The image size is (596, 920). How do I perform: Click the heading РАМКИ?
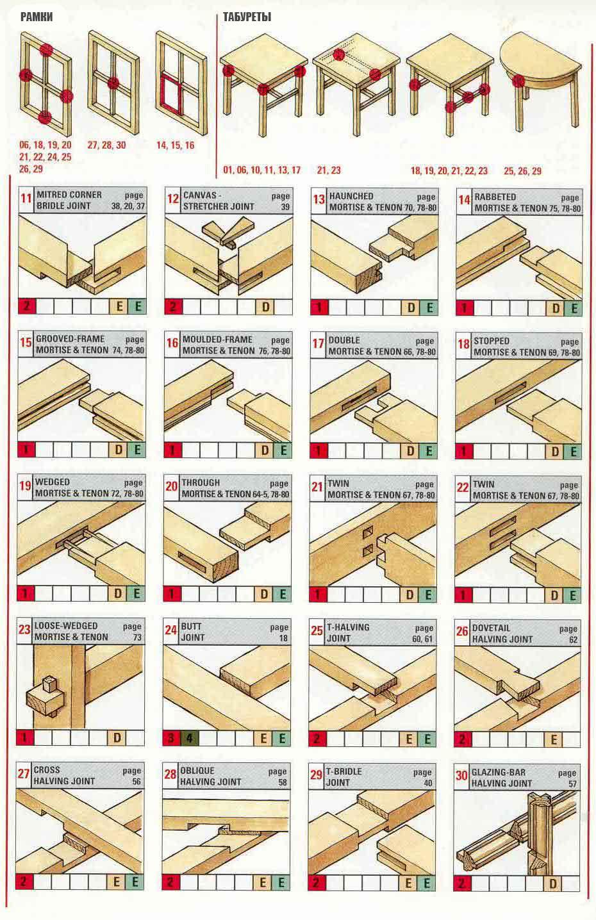coord(37,17)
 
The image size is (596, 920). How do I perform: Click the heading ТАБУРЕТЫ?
coord(247,17)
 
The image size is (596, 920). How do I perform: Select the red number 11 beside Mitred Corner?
coord(26,199)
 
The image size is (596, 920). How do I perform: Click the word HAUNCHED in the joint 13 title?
coord(351,196)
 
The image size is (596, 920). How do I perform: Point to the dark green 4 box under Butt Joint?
coord(189,738)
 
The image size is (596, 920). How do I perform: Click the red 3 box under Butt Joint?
coord(172,738)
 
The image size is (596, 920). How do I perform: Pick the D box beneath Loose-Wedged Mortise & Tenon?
coord(117,737)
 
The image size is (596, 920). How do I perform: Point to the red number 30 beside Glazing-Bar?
coord(461,775)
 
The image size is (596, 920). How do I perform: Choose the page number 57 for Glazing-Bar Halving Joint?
coord(572,784)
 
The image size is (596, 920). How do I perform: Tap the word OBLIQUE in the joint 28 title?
coord(197,771)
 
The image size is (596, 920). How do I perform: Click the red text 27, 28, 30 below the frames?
coord(107,145)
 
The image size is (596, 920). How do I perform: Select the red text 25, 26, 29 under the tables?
coord(522,171)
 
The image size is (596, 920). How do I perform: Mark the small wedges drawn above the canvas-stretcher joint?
coord(228,232)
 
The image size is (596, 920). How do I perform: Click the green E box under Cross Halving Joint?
coord(135,882)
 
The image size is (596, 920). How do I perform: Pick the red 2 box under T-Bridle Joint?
coord(317,882)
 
